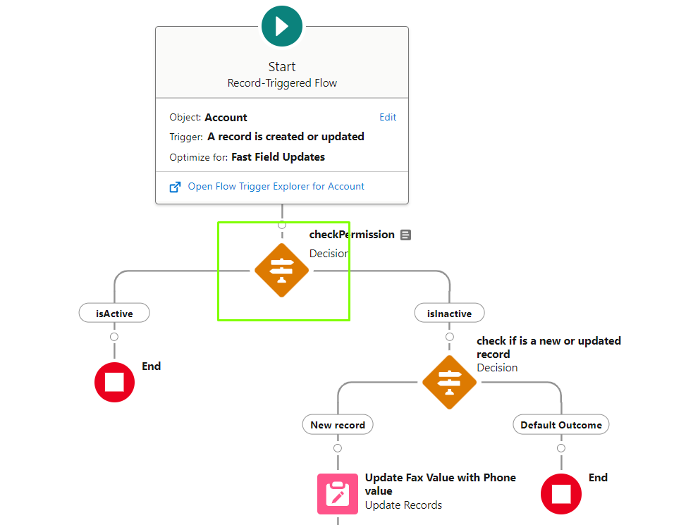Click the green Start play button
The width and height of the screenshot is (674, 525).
[x=282, y=26]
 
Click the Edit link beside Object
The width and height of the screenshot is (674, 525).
[x=388, y=117]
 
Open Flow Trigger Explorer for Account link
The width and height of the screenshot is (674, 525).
[x=276, y=186]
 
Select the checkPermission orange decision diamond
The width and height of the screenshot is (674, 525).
[x=281, y=271]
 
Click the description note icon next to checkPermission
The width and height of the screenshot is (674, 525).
[x=405, y=235]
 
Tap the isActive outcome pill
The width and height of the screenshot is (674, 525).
[x=114, y=313]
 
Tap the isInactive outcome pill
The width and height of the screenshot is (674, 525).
[x=449, y=313]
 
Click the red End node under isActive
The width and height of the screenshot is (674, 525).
[x=114, y=382]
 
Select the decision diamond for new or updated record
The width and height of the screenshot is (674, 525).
[x=449, y=382]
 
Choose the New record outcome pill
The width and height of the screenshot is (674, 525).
[x=338, y=425]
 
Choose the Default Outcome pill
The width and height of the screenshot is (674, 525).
[x=561, y=425]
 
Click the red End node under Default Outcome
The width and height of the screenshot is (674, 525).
[x=561, y=493]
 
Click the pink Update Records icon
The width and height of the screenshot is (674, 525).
[x=338, y=493]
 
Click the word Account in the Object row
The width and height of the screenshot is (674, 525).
[x=226, y=118]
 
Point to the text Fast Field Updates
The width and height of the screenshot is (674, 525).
[x=278, y=157]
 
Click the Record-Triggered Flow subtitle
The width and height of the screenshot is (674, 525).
[x=282, y=83]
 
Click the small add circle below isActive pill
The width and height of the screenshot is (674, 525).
[x=114, y=337]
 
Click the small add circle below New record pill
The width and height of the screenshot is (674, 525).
[x=338, y=448]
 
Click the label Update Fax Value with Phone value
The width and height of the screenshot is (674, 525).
[x=440, y=484]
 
